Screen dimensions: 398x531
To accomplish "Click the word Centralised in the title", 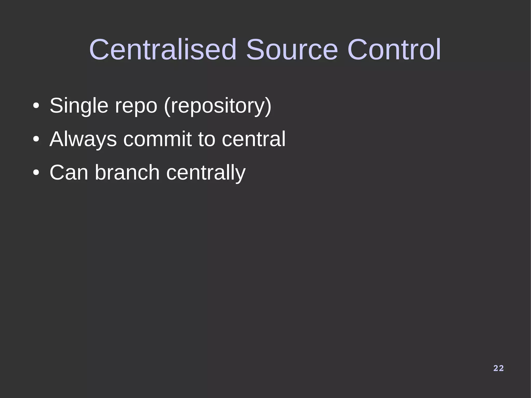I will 163,50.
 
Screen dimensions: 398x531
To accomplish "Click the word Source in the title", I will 292,50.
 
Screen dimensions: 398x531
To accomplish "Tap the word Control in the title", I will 394,50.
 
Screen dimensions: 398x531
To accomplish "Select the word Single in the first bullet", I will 79,106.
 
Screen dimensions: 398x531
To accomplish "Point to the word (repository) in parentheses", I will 218,106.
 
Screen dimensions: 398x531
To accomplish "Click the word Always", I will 83,139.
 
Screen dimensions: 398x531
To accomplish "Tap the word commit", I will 157,139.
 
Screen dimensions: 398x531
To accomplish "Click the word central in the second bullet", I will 254,139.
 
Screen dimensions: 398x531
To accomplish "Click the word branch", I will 127,173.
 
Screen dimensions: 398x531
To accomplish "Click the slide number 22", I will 498,368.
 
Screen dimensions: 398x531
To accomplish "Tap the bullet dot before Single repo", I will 36,106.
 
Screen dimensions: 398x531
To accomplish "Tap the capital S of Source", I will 256,50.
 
